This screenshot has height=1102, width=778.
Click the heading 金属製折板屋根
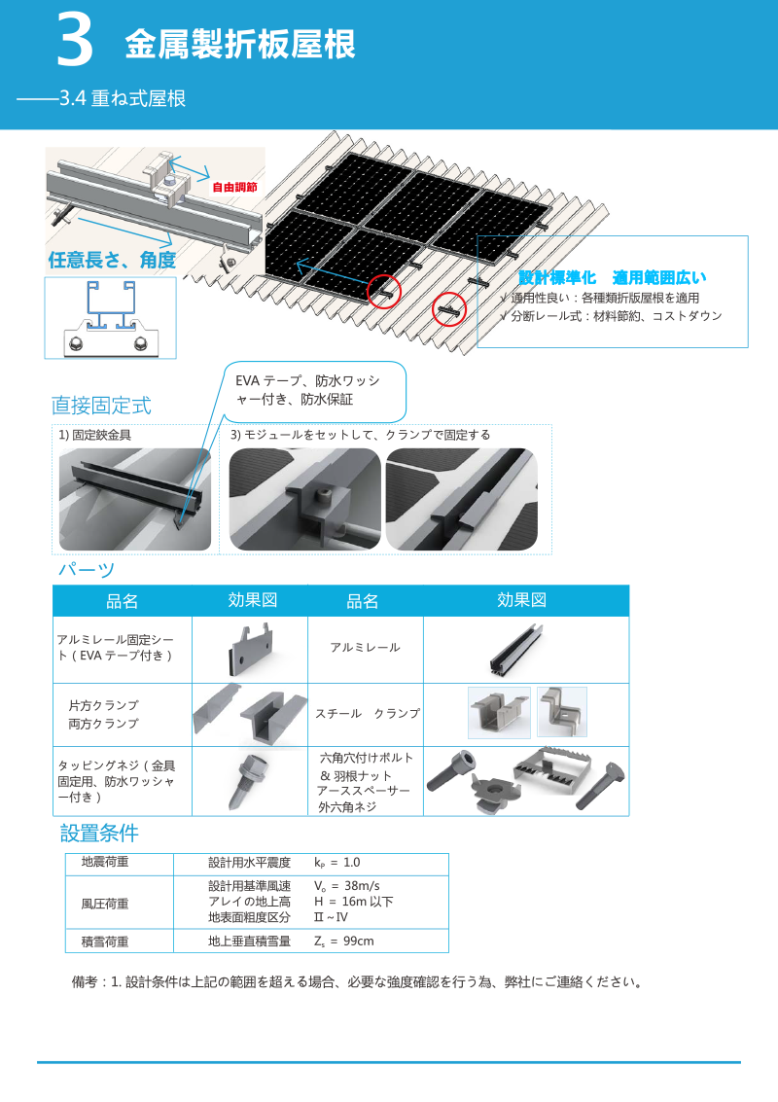click(x=239, y=45)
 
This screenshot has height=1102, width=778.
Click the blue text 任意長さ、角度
click(x=112, y=260)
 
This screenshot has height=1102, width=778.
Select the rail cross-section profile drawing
click(x=110, y=317)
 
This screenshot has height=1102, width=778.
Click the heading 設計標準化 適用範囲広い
click(x=612, y=277)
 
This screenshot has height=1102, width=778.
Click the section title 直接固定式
click(x=101, y=405)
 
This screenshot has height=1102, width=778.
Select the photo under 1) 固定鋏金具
click(x=135, y=499)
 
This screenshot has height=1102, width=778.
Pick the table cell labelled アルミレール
click(x=365, y=648)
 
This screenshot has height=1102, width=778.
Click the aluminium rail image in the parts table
click(x=525, y=648)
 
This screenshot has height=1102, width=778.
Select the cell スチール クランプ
click(x=367, y=714)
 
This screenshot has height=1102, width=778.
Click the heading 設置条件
click(x=99, y=833)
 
